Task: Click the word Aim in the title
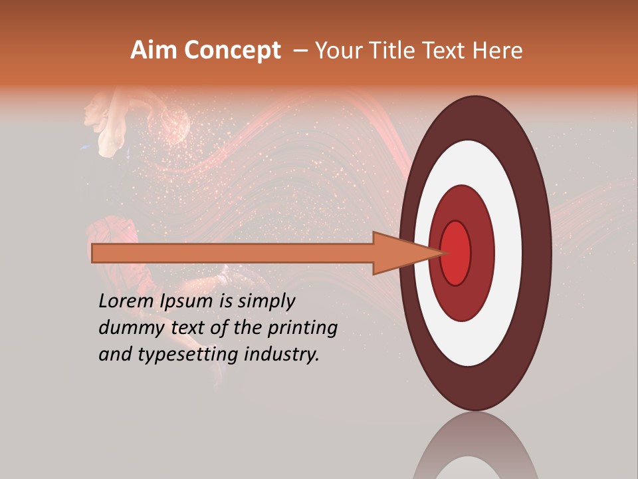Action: coord(153,51)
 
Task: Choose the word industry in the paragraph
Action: coord(282,355)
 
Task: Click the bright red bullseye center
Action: coord(456,253)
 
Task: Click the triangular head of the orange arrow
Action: coord(399,253)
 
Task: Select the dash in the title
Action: coord(300,51)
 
